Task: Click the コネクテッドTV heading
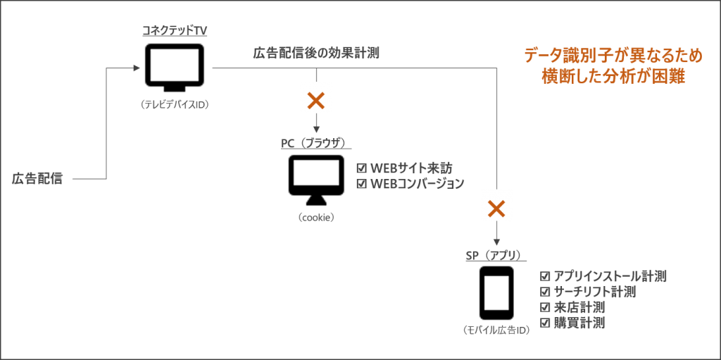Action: (175, 31)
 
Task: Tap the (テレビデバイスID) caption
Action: (175, 104)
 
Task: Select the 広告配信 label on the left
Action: (38, 179)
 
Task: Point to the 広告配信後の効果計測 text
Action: (316, 53)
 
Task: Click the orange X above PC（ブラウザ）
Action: (316, 99)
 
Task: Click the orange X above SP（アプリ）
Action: (497, 206)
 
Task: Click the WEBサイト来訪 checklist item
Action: (410, 169)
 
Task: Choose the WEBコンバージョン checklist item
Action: (417, 184)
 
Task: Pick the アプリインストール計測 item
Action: (609, 276)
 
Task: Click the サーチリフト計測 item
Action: (594, 292)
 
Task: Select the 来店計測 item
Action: (579, 308)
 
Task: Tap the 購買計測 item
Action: (579, 323)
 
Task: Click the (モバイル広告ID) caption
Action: (496, 330)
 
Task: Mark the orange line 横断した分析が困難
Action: (613, 76)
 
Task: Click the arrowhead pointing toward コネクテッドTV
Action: (136, 68)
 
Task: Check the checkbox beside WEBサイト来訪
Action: (361, 169)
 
